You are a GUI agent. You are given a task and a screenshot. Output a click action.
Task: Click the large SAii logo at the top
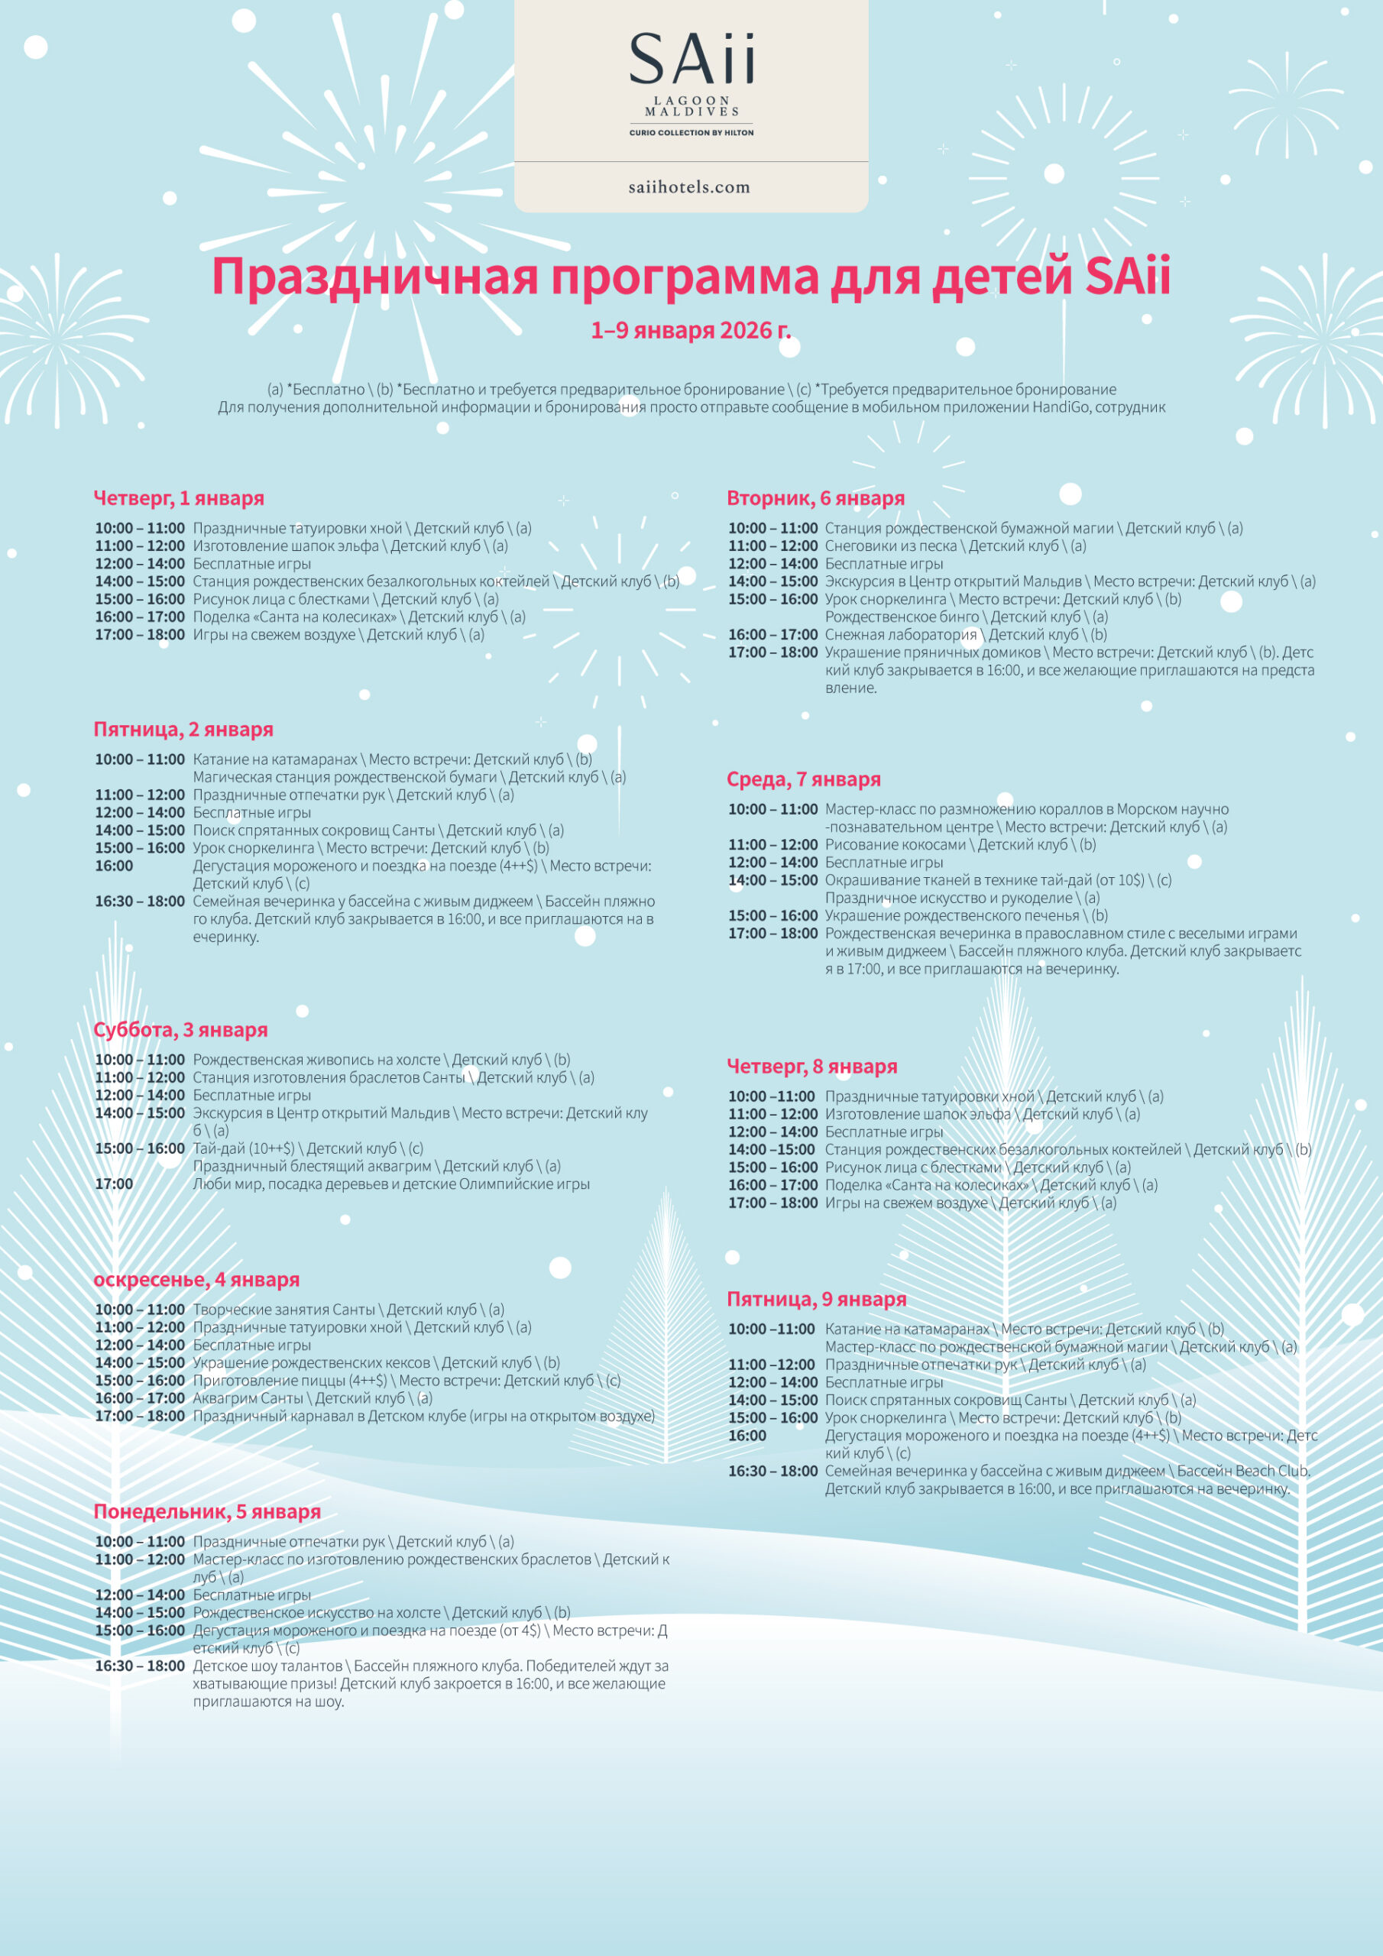[691, 59]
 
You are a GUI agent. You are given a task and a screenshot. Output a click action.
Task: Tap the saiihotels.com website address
[689, 187]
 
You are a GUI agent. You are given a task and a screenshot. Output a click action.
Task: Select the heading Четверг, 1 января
[179, 498]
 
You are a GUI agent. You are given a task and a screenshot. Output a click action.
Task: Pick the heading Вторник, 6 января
[815, 498]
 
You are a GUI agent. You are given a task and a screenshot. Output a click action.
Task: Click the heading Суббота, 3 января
[180, 1030]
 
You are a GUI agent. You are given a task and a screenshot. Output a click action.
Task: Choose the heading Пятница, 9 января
[816, 1299]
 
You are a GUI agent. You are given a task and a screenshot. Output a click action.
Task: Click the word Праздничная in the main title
[375, 277]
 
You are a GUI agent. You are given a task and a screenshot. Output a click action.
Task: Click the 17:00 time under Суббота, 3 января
[114, 1184]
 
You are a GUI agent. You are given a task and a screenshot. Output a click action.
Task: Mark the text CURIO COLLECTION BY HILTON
[691, 133]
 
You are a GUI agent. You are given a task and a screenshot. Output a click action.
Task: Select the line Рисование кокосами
[896, 845]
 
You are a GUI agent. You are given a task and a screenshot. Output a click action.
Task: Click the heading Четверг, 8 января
[811, 1067]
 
